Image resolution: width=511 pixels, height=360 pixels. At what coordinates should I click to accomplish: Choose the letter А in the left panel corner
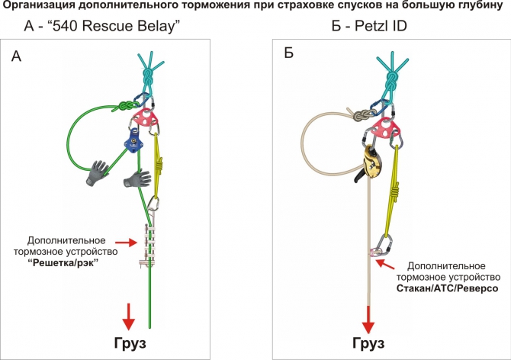point(17,56)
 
